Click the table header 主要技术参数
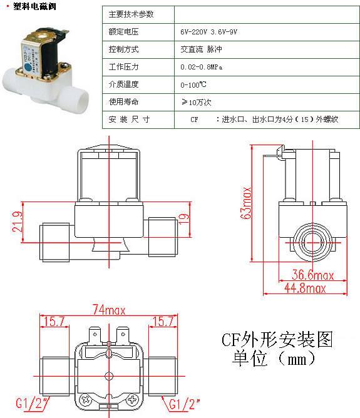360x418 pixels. coord(131,14)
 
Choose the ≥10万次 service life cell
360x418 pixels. coord(194,101)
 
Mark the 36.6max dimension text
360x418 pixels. coord(313,275)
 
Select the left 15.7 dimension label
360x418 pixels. coord(53,322)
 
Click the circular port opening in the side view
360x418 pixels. coord(310,239)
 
